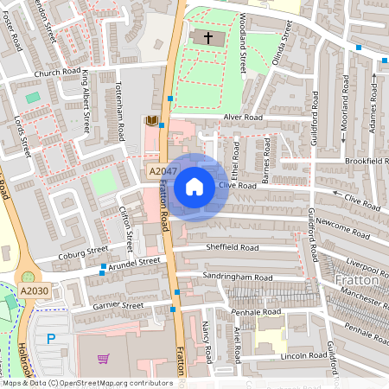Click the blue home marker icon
click(x=194, y=187)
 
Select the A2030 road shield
click(x=34, y=290)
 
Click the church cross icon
click(x=206, y=37)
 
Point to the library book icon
click(x=152, y=121)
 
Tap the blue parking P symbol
click(x=51, y=338)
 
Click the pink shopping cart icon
click(x=104, y=359)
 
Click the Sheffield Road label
click(x=232, y=247)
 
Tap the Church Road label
click(x=58, y=73)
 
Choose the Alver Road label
click(x=241, y=117)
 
